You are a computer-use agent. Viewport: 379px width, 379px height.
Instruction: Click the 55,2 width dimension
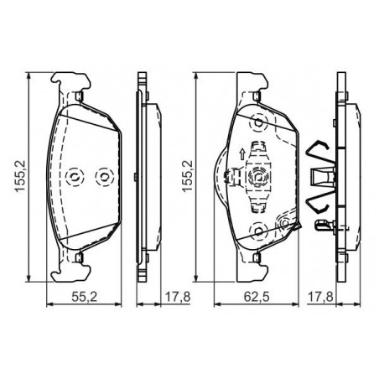pyautogui.click(x=84, y=297)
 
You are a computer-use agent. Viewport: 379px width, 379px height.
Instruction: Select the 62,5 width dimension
pyautogui.click(x=257, y=297)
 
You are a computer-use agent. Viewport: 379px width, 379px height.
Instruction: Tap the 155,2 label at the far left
pyautogui.click(x=20, y=176)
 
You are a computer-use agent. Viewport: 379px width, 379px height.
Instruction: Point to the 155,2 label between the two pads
pyautogui.click(x=187, y=176)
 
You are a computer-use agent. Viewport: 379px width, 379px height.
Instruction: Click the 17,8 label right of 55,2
pyautogui.click(x=178, y=297)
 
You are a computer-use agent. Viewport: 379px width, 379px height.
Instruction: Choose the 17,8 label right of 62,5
pyautogui.click(x=320, y=297)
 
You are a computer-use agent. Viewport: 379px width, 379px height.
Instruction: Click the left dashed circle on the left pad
pyautogui.click(x=75, y=177)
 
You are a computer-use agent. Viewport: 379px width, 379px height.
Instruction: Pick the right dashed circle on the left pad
pyautogui.click(x=105, y=177)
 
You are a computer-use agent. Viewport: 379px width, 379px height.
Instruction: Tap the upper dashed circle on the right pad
pyautogui.click(x=259, y=122)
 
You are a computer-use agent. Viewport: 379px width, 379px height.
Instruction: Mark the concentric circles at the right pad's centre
pyautogui.click(x=258, y=177)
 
